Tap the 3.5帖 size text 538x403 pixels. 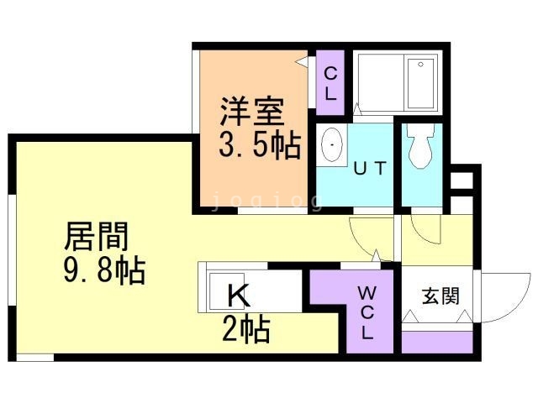click(x=260, y=147)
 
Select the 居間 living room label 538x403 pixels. click(x=97, y=238)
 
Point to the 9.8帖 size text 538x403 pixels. click(x=106, y=271)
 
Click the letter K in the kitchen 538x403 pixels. click(x=239, y=296)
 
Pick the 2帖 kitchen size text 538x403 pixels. click(x=245, y=331)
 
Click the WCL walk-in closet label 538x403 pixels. click(x=367, y=312)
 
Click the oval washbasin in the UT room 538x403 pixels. click(x=332, y=148)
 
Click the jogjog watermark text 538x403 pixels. click(x=266, y=201)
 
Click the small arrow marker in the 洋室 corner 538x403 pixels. click(x=301, y=61)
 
